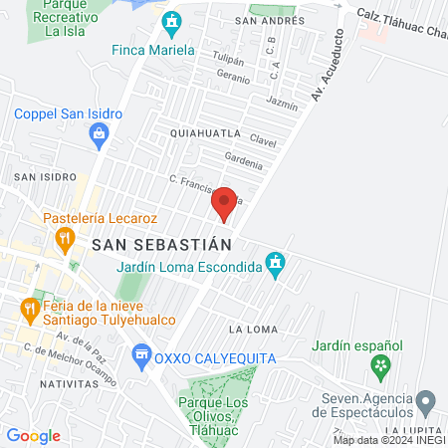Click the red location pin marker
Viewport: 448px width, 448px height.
224,203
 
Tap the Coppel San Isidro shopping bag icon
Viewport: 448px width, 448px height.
100,140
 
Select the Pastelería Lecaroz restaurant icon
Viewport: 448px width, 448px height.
66,238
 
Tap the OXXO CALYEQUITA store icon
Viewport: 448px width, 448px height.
141,353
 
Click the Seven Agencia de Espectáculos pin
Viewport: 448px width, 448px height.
426,402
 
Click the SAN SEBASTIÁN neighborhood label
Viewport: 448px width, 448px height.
160,243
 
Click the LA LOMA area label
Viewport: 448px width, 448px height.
251,329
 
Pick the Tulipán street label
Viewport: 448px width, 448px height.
230,58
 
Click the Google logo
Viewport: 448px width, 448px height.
33,435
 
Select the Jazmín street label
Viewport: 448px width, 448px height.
283,102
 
